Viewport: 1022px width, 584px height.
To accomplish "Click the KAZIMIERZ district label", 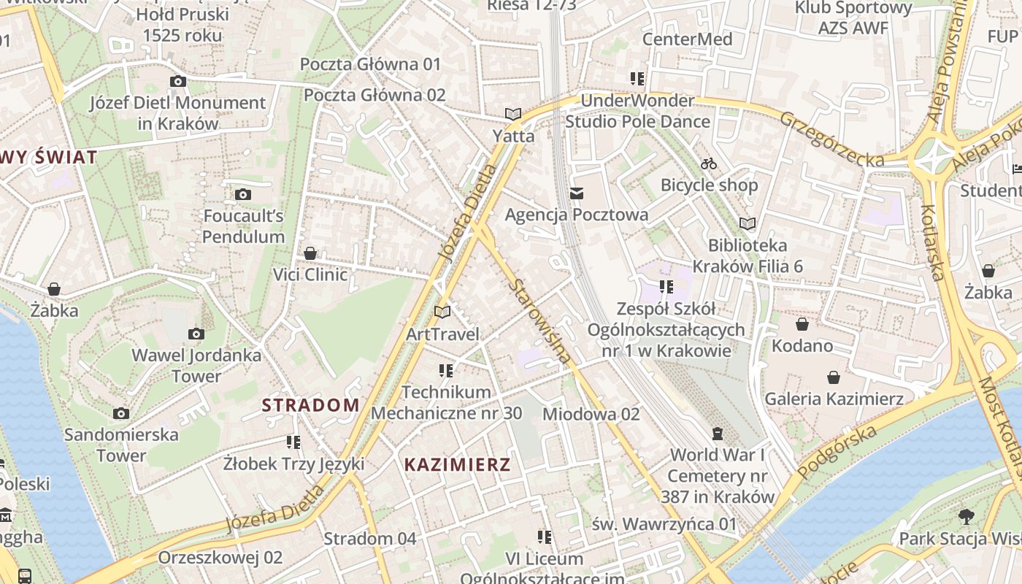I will pos(458,464).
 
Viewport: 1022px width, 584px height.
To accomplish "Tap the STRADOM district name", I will pos(311,405).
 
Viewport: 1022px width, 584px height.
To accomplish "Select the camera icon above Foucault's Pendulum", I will pos(243,194).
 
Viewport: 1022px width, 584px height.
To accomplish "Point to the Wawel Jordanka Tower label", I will pos(196,366).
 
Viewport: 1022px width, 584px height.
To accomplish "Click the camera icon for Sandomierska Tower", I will pos(121,413).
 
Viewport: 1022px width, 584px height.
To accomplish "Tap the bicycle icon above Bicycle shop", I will pos(709,164).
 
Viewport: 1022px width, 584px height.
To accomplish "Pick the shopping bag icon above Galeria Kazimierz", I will pos(834,377).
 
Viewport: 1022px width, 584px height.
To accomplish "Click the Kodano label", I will pos(802,345).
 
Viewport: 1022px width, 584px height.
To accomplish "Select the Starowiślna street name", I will pos(541,320).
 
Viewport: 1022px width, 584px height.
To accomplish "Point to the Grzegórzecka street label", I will pos(831,139).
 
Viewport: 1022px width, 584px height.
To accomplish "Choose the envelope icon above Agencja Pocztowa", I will pos(577,193).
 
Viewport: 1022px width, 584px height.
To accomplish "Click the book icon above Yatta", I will pos(513,114).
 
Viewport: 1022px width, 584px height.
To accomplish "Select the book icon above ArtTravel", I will pos(442,312).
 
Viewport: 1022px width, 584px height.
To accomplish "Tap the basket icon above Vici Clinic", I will pos(310,253).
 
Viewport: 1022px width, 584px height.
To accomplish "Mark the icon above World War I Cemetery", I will pos(718,434).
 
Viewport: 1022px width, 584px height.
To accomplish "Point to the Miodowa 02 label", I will pos(591,414).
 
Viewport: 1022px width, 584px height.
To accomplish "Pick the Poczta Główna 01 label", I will pos(371,64).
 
